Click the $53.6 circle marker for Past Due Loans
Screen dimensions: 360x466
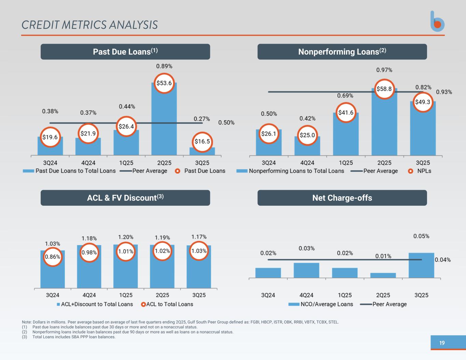164,83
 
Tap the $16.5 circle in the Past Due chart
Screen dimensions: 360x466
202,141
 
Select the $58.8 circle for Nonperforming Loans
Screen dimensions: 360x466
384,89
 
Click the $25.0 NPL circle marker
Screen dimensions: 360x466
307,135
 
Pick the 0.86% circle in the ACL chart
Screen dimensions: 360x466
53,257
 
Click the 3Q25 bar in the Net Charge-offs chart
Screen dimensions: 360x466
421,265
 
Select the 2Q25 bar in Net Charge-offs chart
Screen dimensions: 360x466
383,275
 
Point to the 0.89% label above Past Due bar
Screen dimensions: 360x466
164,66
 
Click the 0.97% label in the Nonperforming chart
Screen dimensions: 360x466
384,70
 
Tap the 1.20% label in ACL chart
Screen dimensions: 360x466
126,237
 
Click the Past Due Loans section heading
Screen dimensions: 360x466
125,52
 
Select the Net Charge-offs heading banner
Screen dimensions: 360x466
342,198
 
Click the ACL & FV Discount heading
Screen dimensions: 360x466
125,198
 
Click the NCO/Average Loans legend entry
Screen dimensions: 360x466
321,304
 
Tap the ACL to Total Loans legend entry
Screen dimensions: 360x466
167,304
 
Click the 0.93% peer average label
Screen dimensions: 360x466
444,92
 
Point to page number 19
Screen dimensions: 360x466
442,343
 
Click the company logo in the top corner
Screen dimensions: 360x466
437,21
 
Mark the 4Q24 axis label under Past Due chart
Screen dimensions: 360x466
88,163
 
